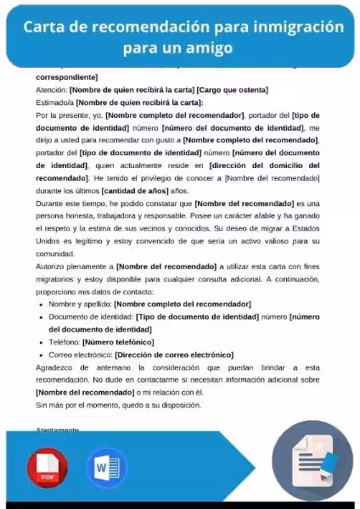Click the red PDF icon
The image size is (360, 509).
click(x=48, y=467)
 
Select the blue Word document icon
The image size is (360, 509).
click(x=106, y=467)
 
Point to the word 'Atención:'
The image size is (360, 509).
click(x=51, y=89)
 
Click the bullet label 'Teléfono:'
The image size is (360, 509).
click(x=65, y=342)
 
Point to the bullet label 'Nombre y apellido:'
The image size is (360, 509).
click(x=80, y=304)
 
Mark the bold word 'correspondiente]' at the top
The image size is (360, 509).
click(x=67, y=77)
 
